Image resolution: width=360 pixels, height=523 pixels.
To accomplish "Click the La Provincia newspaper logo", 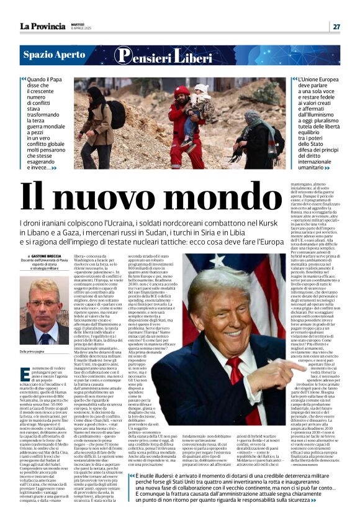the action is click(42, 26).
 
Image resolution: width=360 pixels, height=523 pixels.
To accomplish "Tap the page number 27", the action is click(336, 27).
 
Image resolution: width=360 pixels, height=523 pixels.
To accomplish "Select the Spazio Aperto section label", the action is click(54, 55).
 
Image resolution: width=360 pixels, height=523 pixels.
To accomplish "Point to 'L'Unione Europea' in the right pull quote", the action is click(320, 80).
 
